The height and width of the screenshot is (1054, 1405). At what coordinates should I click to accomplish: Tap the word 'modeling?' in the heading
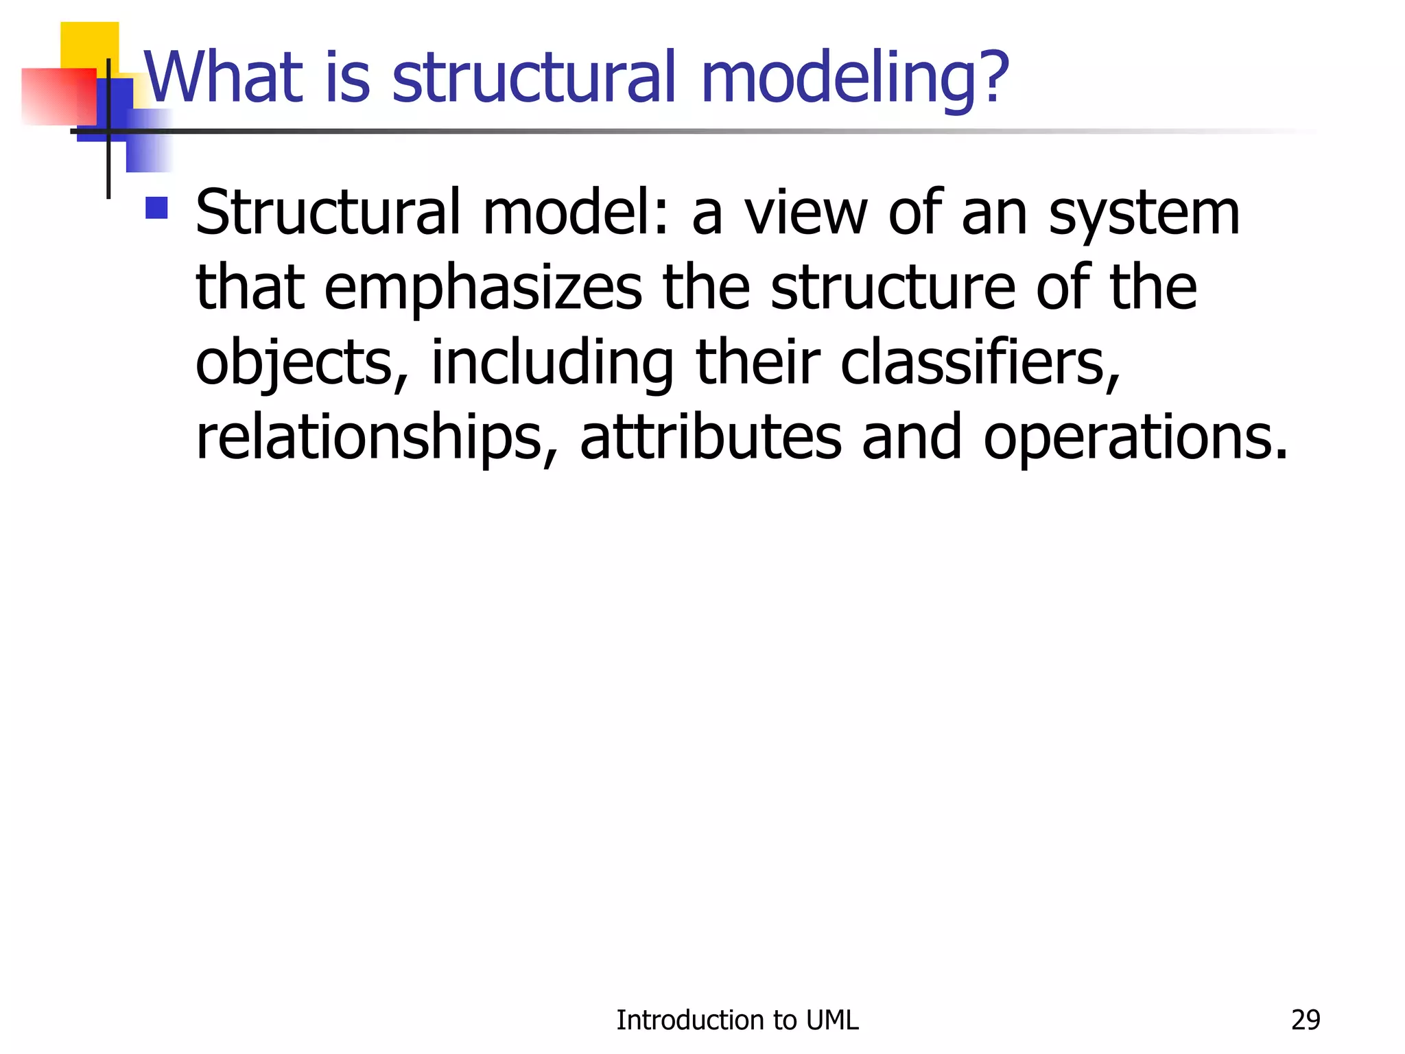(855, 80)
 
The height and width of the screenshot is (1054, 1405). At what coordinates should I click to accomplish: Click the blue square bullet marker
(157, 208)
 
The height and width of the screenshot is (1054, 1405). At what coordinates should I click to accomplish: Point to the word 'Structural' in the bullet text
(328, 213)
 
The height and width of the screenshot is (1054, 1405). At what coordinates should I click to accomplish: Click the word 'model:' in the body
(575, 213)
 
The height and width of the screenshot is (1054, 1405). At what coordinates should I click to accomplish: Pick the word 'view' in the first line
(807, 213)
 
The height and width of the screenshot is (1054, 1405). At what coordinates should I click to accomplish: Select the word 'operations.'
(1135, 439)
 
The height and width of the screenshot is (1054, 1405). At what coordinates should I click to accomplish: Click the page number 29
(1305, 1020)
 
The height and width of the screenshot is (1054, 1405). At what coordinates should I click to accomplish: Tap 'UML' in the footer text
(832, 1020)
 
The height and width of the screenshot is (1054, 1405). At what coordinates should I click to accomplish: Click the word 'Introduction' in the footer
(689, 1020)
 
